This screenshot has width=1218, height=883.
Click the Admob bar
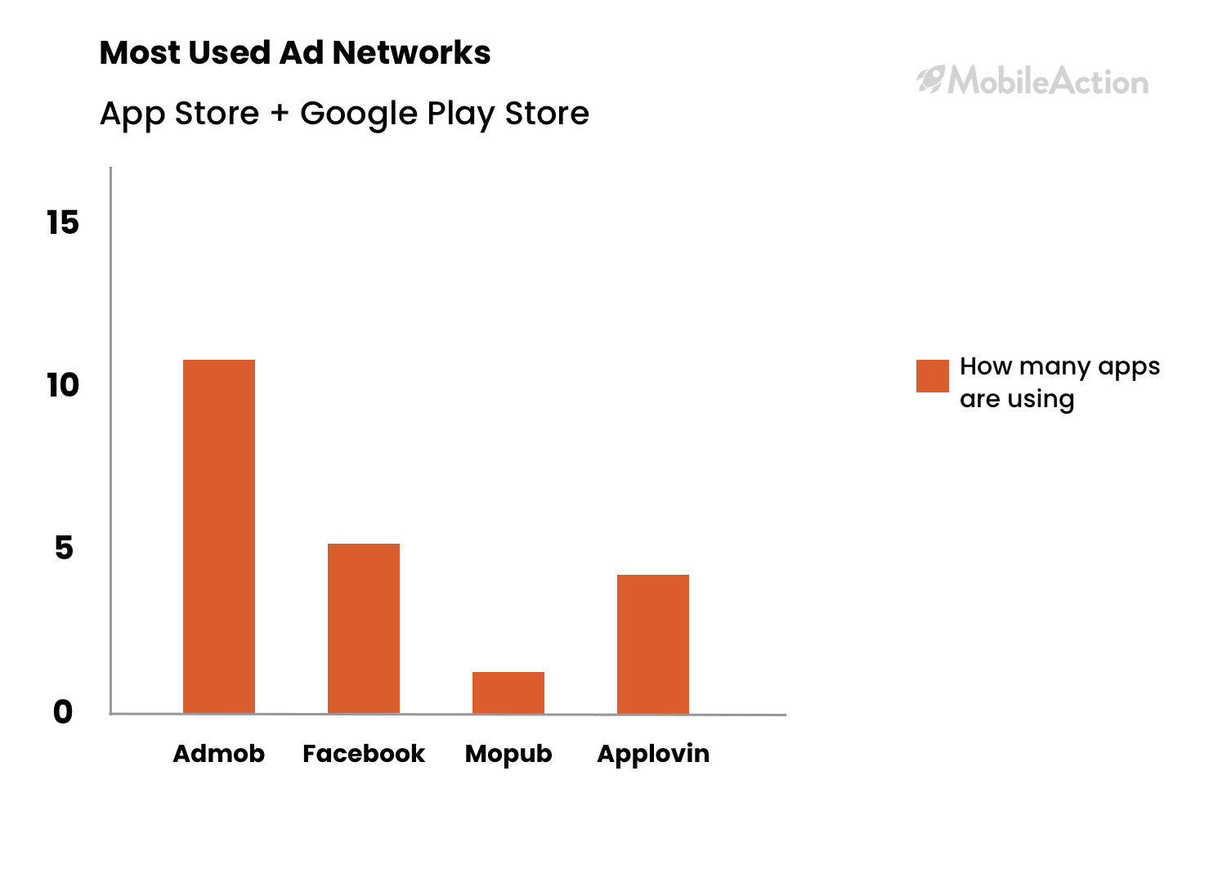coord(219,536)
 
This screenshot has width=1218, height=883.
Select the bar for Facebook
coord(364,629)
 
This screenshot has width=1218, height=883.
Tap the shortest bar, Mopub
coord(508,693)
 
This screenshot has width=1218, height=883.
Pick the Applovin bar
coord(653,644)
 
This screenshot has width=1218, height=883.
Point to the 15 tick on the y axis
coord(63,222)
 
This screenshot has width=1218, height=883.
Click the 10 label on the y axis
coord(63,386)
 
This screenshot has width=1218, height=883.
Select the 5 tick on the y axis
coord(64,548)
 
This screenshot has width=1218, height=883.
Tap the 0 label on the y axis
coord(63,712)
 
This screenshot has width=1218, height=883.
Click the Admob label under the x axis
coord(219,754)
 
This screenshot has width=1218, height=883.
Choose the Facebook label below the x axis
coord(364,754)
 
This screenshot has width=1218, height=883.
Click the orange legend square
coord(933,376)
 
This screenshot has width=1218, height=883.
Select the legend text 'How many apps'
coord(1059,367)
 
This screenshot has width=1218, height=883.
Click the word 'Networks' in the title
coord(412,53)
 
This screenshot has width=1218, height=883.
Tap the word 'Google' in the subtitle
coord(359,114)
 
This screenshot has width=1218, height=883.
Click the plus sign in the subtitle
coord(280,114)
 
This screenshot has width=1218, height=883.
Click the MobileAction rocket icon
coord(930,79)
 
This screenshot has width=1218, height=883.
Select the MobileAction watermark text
coord(1048,81)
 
